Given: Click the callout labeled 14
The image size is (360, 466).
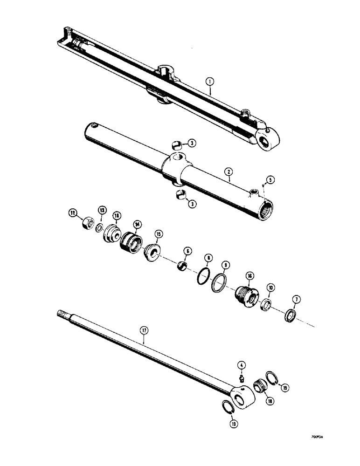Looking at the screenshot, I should click(137, 224).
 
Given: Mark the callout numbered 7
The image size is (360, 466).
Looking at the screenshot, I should click(296, 299).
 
